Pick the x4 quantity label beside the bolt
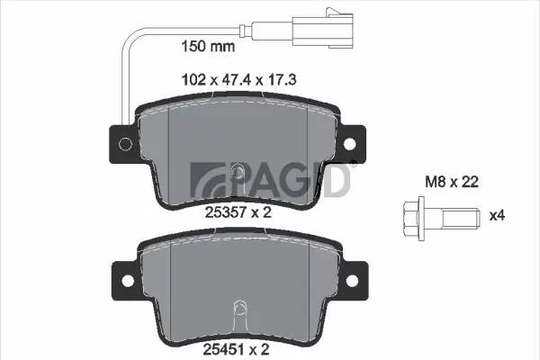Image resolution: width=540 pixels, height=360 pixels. (496, 216)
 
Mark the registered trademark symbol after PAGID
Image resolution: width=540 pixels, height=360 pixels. (353, 163)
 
